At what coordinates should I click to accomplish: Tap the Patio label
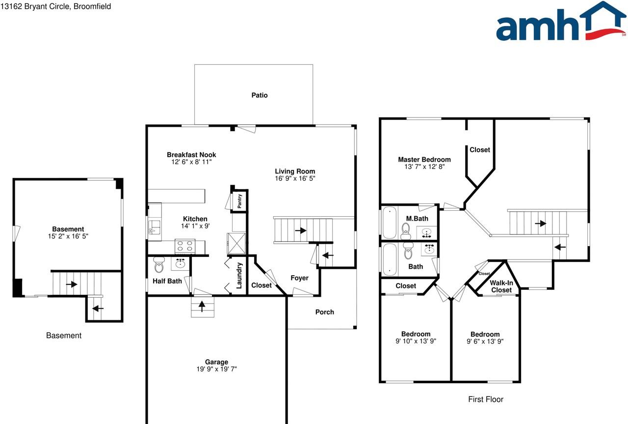(260, 95)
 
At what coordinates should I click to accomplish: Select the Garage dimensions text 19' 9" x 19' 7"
(216, 369)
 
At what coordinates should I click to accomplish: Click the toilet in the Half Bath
(158, 265)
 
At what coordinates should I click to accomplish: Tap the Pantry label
(240, 201)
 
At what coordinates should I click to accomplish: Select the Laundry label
(239, 275)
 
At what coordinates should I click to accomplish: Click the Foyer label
(299, 278)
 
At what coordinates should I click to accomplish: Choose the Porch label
(324, 312)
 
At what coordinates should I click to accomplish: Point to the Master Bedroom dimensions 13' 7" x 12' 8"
(424, 167)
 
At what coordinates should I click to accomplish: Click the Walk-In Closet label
(501, 286)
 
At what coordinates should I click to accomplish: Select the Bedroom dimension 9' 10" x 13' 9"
(416, 341)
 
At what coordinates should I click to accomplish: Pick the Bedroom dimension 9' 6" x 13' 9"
(485, 341)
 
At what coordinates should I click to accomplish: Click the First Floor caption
(485, 399)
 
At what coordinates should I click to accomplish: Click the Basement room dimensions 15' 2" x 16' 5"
(68, 236)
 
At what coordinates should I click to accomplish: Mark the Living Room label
(294, 171)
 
